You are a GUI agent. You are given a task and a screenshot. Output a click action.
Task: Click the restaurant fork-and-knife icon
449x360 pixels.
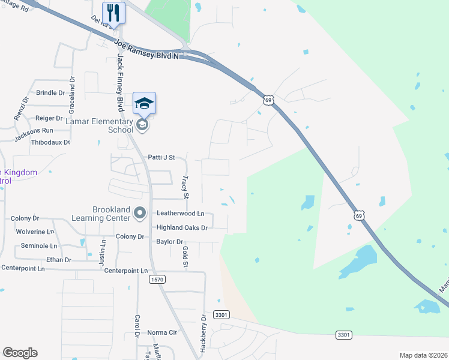(x=113, y=12)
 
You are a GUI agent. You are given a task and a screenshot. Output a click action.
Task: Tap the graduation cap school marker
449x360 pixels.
(x=144, y=103)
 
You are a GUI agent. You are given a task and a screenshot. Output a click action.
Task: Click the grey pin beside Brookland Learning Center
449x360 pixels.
(x=140, y=213)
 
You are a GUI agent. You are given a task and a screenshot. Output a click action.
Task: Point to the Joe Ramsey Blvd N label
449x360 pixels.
(x=147, y=49)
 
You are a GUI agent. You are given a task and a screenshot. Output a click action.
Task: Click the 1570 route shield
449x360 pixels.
(x=157, y=280)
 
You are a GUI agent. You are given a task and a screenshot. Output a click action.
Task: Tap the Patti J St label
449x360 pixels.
(x=161, y=158)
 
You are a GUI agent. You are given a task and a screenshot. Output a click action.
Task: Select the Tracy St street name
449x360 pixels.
(x=185, y=188)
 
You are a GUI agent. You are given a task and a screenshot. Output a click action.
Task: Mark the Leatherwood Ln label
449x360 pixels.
(x=180, y=213)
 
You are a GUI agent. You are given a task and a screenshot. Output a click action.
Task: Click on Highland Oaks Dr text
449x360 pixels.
(x=181, y=228)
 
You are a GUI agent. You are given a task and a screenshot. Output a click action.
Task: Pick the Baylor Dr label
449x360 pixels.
(x=169, y=242)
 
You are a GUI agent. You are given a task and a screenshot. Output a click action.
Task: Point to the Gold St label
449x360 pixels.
(x=185, y=257)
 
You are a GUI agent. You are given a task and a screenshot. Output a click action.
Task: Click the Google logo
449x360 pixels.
(x=20, y=353)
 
